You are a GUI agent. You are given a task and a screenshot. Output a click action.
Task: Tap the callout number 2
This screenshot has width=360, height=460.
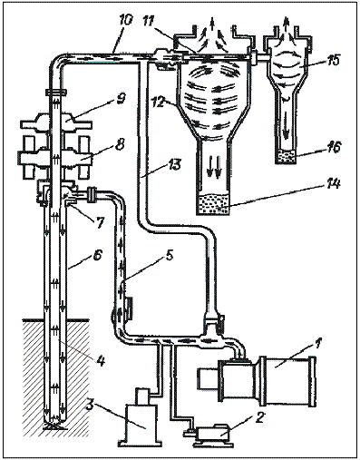click(x=260, y=418)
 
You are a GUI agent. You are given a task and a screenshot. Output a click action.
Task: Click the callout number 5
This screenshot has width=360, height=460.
click(x=170, y=257)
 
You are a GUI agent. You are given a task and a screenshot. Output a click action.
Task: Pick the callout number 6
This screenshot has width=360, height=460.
click(x=99, y=254)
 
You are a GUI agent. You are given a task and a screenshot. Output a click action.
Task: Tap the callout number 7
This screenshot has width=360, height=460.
click(x=101, y=223)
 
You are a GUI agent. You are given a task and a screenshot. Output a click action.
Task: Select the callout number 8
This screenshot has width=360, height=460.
click(x=120, y=144)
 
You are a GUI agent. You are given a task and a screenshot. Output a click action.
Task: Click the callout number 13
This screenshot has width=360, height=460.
click(x=174, y=165)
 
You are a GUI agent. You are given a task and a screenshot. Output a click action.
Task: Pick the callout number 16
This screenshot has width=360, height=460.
click(x=334, y=148)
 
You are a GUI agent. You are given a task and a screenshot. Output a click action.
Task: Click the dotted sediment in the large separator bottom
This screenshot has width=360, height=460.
click(x=213, y=203)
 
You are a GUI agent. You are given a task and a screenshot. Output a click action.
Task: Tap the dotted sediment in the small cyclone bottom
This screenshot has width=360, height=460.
click(x=287, y=156)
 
